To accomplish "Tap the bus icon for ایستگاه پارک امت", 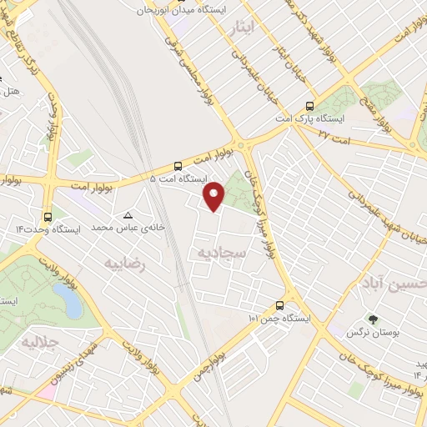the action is (309, 107).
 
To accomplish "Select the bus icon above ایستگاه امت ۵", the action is (178, 166).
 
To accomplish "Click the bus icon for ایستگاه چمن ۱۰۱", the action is (280, 306).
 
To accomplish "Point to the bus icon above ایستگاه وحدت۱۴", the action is (47, 216).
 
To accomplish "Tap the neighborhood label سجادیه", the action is (220, 250).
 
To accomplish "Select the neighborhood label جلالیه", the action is (41, 342).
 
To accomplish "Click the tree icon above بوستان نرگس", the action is (372, 319).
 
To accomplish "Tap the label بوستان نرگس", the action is (372, 332).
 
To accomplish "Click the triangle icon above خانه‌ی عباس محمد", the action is (128, 214).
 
